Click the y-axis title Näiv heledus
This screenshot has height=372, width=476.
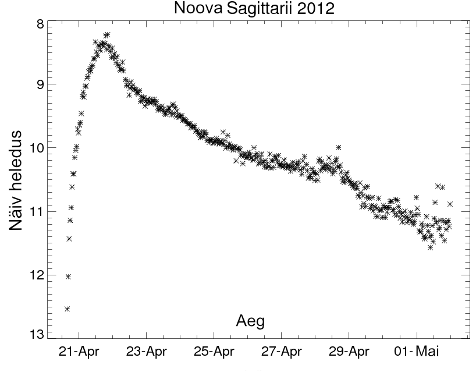tap(17, 180)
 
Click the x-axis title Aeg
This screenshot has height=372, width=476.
tap(251, 320)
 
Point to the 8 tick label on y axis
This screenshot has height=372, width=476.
tap(39, 24)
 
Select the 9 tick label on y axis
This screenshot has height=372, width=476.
tap(39, 84)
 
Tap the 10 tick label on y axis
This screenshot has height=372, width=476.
tap(35, 147)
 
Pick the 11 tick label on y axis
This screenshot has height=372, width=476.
tap(35, 210)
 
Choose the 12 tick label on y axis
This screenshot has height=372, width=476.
tap(35, 274)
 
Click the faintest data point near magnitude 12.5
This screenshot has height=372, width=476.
tap(67, 309)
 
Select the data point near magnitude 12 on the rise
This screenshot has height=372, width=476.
tap(68, 277)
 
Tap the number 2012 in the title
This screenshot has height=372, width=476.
tap(320, 9)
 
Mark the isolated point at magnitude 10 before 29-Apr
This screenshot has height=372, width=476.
tap(338, 147)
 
